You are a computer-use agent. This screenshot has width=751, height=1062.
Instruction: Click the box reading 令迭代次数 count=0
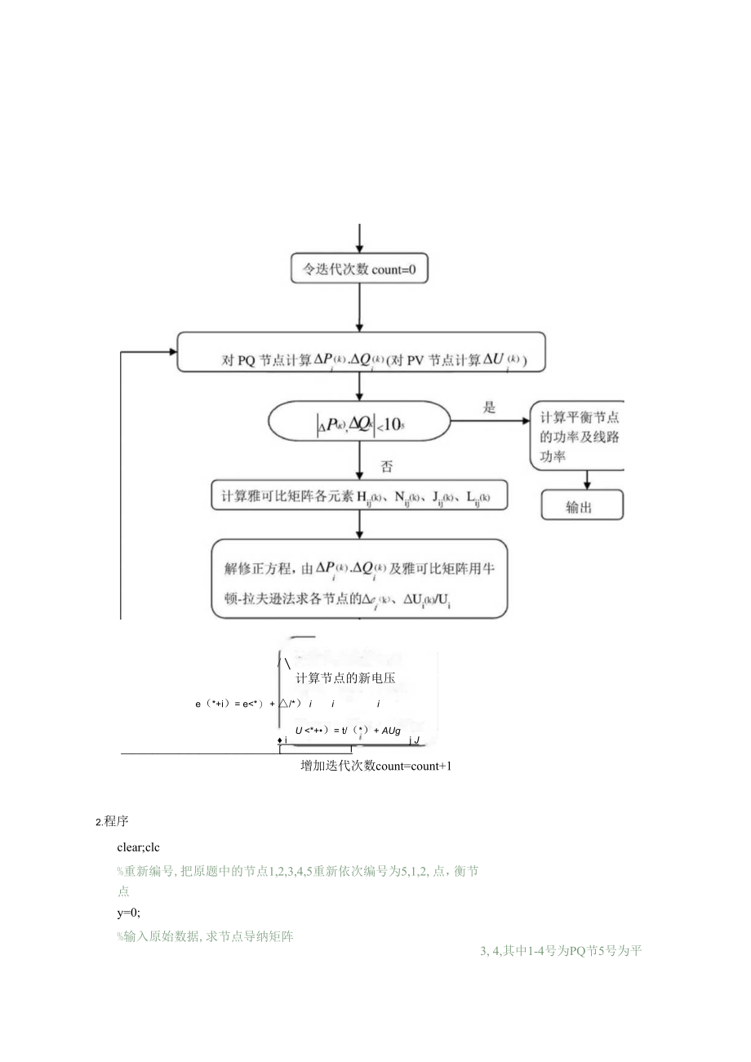[x=359, y=269]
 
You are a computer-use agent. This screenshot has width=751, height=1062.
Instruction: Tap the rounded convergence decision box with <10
[x=359, y=424]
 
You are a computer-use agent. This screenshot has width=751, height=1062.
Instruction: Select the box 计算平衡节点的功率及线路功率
[x=578, y=436]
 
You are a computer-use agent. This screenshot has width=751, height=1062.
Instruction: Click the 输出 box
[x=582, y=505]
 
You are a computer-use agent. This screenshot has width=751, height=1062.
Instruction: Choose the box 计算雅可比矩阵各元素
[x=359, y=495]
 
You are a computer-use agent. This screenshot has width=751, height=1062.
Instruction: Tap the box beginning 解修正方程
[x=359, y=579]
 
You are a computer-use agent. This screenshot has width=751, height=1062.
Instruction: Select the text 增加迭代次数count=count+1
[x=376, y=767]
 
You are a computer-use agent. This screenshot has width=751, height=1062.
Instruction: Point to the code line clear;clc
[x=139, y=847]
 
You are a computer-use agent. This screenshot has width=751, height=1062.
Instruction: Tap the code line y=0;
[x=129, y=913]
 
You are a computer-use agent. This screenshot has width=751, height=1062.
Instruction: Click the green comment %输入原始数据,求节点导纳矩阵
[x=205, y=936]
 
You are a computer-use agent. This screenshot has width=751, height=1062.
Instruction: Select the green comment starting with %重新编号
[x=297, y=872]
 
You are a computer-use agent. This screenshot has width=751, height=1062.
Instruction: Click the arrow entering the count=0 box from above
[x=359, y=238]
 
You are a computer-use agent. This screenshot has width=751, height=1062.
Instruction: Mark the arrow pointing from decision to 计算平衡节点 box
[x=490, y=421]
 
